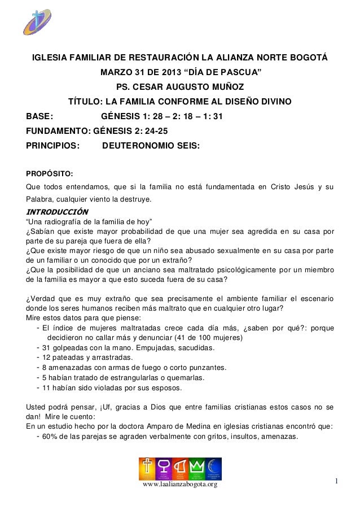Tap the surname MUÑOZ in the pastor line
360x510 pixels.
(x=226, y=88)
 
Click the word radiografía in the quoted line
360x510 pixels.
(x=68, y=221)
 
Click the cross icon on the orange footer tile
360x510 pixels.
(x=147, y=467)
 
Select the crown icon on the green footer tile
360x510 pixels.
(x=197, y=467)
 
